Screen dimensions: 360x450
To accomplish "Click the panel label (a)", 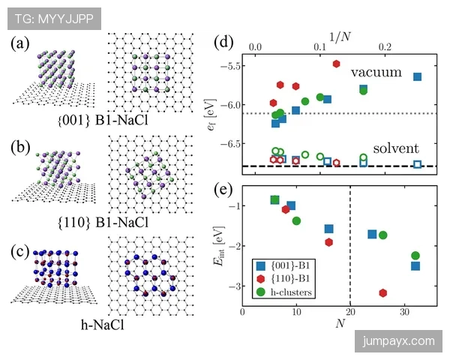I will pyautogui.click(x=19, y=43).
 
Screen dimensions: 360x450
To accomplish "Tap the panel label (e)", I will pyautogui.click(x=225, y=187).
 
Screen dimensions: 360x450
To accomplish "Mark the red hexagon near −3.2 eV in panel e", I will pyautogui.click(x=383, y=293).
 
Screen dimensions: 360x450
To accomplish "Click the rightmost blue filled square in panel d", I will pyautogui.click(x=417, y=76).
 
